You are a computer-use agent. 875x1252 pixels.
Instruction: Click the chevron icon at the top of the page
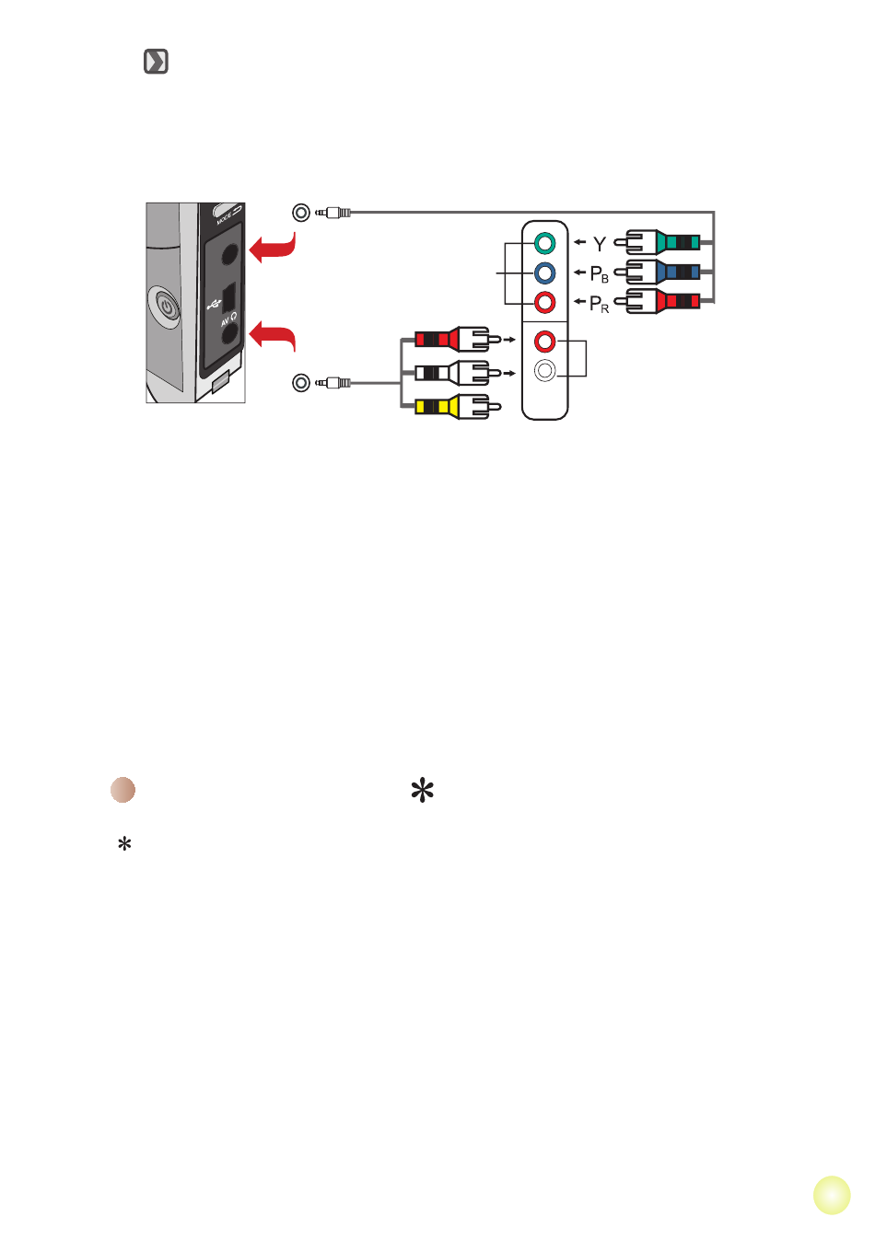pos(156,62)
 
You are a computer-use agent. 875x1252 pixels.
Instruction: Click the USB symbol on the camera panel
pos(214,306)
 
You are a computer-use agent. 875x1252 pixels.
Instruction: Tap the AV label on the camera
pos(225,322)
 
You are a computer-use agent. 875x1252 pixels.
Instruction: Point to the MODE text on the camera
pos(224,218)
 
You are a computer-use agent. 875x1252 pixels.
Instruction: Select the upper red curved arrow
pos(273,248)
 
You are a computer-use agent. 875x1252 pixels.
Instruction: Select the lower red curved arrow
pos(273,336)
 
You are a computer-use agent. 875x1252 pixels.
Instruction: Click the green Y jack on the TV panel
pos(544,243)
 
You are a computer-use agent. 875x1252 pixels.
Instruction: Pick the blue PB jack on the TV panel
pos(544,273)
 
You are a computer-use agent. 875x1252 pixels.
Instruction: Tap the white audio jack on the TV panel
pos(544,371)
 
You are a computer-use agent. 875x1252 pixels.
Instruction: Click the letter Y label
pos(600,244)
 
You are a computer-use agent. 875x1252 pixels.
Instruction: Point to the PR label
pos(600,305)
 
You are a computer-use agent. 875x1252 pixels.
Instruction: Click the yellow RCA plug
pos(458,406)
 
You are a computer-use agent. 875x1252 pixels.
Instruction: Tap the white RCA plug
pos(458,373)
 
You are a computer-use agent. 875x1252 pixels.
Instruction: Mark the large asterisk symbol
pos(422,790)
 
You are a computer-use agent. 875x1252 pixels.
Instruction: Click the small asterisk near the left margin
pos(124,843)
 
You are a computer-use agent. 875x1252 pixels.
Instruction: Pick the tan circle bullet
pos(123,790)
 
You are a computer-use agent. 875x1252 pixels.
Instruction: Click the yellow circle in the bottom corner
pos(832,1195)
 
